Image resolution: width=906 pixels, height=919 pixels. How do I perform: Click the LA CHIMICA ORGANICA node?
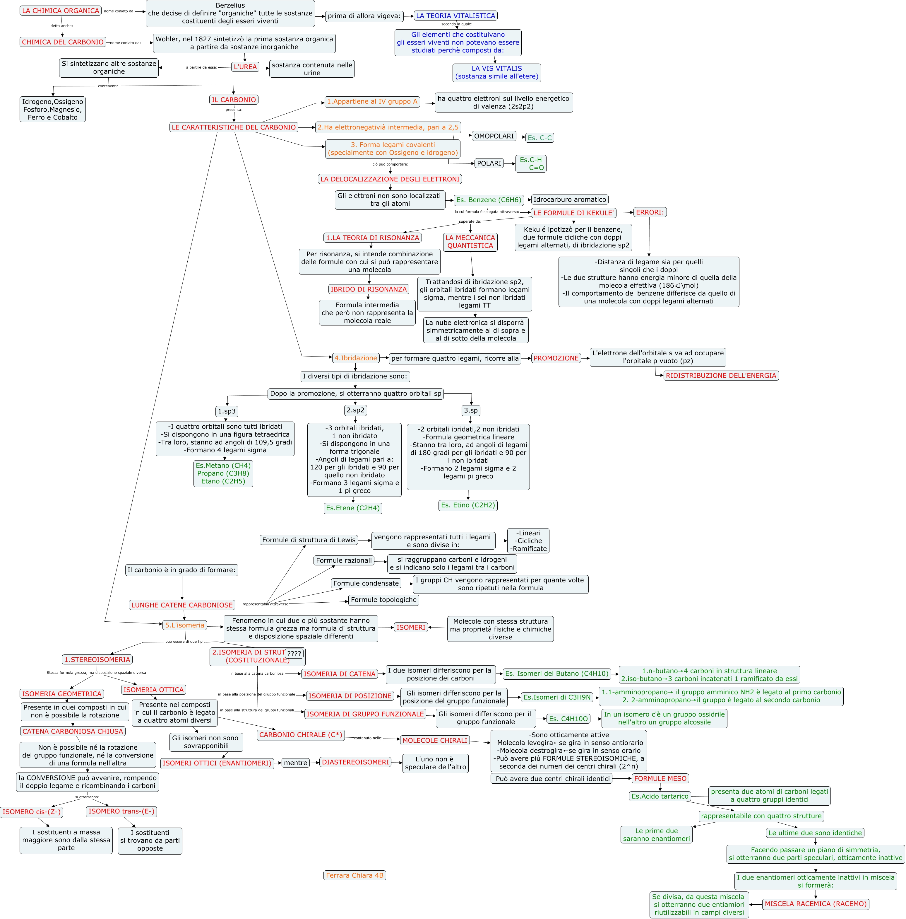(x=60, y=11)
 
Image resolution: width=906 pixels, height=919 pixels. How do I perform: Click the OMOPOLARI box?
(x=494, y=136)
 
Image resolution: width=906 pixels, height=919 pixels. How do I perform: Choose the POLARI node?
(x=489, y=163)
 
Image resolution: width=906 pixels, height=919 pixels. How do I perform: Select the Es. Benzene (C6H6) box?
(x=489, y=200)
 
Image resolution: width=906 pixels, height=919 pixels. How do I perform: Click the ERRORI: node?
(x=650, y=212)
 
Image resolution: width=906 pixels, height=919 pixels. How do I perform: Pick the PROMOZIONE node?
(x=556, y=358)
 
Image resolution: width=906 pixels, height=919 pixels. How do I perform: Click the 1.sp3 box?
(x=226, y=411)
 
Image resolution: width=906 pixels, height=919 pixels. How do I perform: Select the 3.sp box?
(x=471, y=410)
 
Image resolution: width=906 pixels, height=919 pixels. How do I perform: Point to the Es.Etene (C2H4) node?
(x=353, y=508)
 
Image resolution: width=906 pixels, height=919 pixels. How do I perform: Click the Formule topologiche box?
(x=383, y=600)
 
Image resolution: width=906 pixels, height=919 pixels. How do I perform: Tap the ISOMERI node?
(x=411, y=628)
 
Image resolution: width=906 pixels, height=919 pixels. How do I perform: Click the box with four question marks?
(x=294, y=654)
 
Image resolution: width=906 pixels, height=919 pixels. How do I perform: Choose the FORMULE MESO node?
(x=660, y=779)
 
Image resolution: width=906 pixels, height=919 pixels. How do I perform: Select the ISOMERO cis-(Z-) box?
(x=32, y=811)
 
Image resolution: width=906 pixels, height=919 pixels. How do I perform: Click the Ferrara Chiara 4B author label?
(x=354, y=875)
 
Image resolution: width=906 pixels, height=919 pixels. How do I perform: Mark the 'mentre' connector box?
(x=296, y=763)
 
